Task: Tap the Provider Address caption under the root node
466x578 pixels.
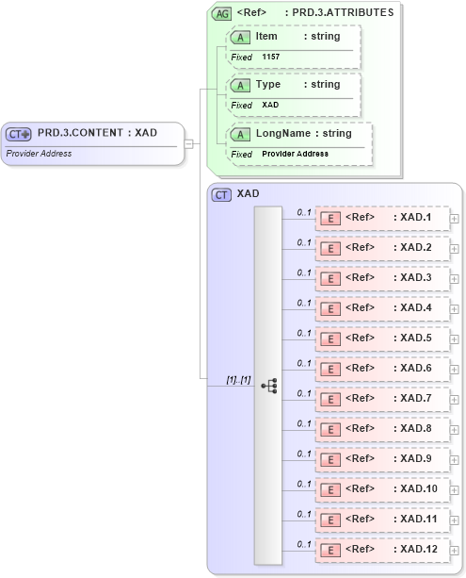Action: tap(39, 154)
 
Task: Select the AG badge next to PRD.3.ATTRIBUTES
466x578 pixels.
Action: tap(221, 13)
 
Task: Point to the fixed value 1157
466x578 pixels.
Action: tap(270, 58)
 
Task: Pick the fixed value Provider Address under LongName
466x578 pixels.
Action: tap(295, 154)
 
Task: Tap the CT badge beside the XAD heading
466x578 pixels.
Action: tap(221, 194)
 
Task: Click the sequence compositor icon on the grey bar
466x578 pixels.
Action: tap(268, 385)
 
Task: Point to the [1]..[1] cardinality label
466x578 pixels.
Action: tap(238, 379)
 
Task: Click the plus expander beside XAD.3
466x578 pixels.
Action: tap(455, 278)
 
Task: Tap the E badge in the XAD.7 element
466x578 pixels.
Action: tap(330, 399)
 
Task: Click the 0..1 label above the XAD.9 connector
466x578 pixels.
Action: tap(304, 454)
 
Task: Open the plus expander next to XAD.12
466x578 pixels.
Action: tap(455, 550)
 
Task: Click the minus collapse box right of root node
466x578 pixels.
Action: tap(189, 143)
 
